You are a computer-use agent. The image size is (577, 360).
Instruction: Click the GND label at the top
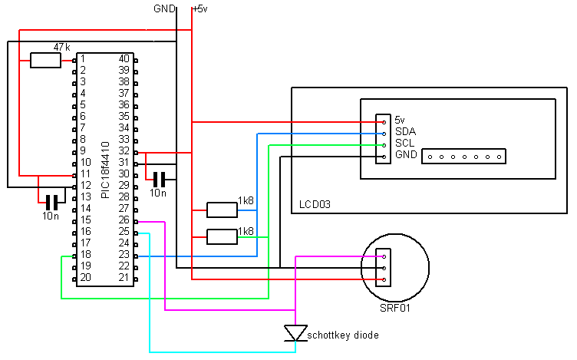click(x=164, y=8)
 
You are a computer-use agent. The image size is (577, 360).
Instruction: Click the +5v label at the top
click(x=199, y=8)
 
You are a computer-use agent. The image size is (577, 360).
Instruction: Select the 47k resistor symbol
click(x=45, y=60)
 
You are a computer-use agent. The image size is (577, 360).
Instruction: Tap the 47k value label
click(x=61, y=47)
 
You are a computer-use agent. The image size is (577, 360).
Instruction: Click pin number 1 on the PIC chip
click(x=82, y=58)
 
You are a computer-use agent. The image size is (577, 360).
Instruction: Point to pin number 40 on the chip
click(x=124, y=58)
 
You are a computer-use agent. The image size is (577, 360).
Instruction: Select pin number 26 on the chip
click(x=124, y=220)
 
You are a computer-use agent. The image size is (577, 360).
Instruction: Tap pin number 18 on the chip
click(x=85, y=254)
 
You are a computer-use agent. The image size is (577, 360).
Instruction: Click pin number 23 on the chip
click(x=124, y=254)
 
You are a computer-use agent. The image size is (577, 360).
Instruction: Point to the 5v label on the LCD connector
click(x=399, y=120)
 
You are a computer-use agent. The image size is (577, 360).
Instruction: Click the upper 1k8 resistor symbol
click(x=223, y=210)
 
